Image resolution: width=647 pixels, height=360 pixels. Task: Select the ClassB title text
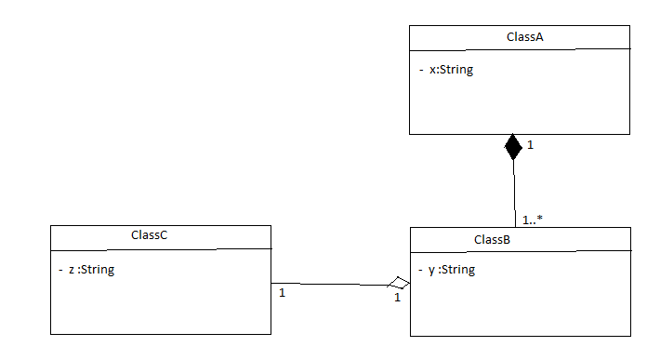[x=491, y=240]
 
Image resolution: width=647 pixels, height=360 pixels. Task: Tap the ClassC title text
[x=149, y=235]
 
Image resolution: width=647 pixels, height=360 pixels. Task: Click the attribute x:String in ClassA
[x=451, y=69]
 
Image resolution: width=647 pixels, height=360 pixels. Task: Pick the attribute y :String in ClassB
[x=451, y=270]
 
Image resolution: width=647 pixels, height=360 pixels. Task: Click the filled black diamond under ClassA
[x=513, y=147]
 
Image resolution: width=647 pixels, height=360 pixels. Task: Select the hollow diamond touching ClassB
[x=399, y=283]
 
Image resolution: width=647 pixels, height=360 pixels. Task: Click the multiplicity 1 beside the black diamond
[x=530, y=145]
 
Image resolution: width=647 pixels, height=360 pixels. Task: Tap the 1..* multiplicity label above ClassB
[x=533, y=220]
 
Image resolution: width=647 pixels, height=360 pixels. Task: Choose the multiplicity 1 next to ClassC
[x=282, y=293]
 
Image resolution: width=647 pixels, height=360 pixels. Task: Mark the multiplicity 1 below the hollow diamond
[x=396, y=298]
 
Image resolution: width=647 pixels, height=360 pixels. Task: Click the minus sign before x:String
[x=420, y=70]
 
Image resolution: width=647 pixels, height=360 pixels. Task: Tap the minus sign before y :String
[x=420, y=271]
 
